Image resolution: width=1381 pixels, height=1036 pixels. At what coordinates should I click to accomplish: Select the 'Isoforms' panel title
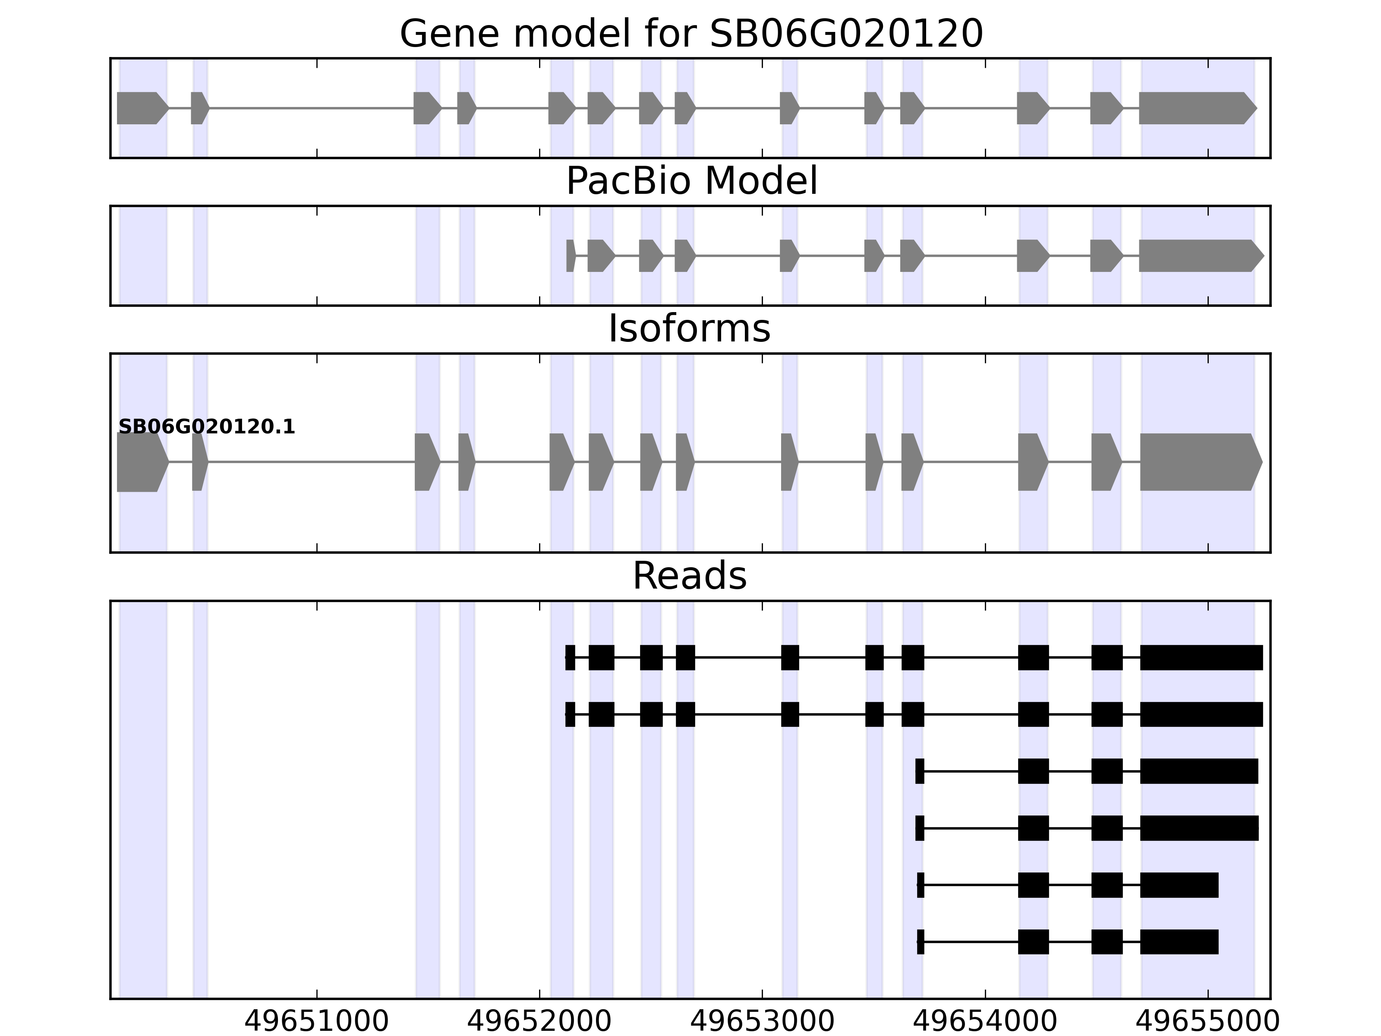coord(689,328)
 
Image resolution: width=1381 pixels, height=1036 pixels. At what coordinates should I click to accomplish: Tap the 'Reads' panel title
coord(689,576)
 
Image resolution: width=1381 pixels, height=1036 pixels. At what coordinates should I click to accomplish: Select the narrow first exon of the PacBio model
coord(570,256)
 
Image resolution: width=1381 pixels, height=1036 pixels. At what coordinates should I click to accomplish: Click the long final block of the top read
coord(1201,657)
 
